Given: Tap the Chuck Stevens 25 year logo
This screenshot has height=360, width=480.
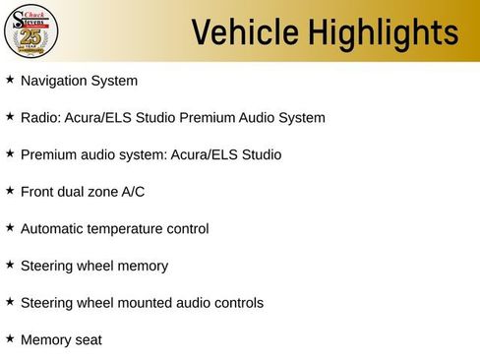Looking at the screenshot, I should point(31,31).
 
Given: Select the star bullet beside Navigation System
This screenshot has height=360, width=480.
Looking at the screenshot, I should point(10,80).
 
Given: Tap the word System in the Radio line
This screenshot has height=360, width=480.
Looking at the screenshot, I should point(299,118).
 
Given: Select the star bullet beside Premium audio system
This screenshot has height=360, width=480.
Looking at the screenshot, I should point(10,153).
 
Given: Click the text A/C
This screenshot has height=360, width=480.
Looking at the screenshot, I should point(133,192).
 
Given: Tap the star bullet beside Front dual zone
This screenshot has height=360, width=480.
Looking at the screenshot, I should point(10,191).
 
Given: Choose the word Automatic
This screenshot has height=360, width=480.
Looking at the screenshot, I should point(54,228).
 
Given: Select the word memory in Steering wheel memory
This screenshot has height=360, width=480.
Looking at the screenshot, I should point(143,266).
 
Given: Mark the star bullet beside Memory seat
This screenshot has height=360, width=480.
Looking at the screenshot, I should point(10,339).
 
